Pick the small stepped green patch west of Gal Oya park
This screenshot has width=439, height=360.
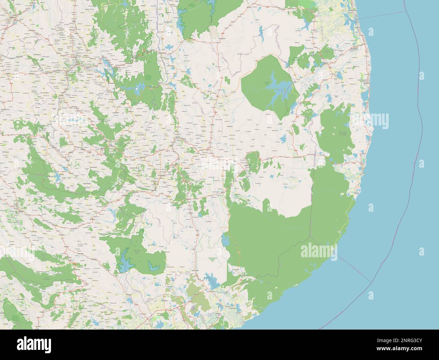coord(228,80)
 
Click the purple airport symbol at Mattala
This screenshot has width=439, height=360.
coord(193,307)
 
